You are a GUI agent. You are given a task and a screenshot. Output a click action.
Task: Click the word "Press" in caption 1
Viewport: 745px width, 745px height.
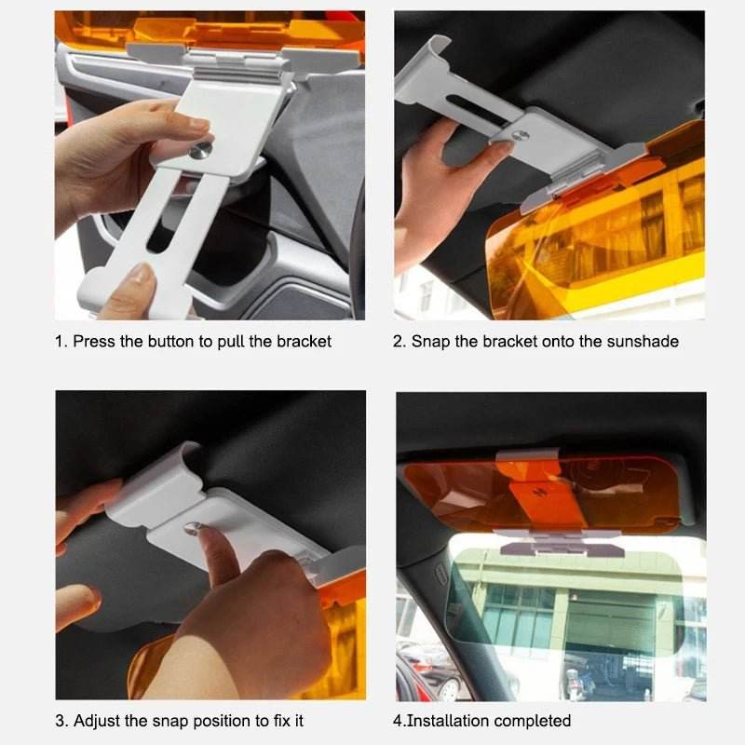pyautogui.click(x=94, y=342)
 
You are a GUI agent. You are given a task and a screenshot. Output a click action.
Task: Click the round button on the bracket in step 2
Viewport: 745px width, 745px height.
pyautogui.click(x=522, y=136)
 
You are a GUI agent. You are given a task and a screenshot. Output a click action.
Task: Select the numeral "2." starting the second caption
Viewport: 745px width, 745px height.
pyautogui.click(x=400, y=342)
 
